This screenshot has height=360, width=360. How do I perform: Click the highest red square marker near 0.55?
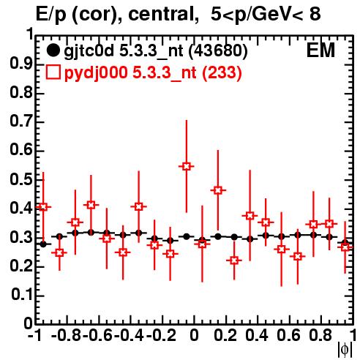[x=186, y=167]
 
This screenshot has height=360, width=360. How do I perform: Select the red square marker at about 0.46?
[x=218, y=190]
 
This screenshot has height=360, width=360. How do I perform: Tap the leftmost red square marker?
[x=43, y=207]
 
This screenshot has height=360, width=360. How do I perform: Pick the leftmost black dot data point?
[x=43, y=244]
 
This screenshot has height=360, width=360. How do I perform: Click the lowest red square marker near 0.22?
[x=234, y=260]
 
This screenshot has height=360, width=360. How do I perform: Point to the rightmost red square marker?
[x=345, y=247]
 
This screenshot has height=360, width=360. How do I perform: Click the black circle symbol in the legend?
[x=53, y=50]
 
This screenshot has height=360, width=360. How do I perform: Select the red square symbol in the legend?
[x=53, y=72]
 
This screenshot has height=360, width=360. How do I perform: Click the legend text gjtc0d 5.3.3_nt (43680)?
[x=156, y=51]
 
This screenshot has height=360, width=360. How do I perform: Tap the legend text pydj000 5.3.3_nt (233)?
[x=153, y=73]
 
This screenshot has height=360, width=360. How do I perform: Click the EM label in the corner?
[x=320, y=50]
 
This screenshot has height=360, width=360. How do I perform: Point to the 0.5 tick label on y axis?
[x=21, y=179]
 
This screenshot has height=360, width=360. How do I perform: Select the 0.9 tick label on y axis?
[x=21, y=64]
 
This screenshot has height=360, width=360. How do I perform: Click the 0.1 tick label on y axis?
[x=22, y=295]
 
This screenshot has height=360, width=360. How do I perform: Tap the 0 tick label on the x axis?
[x=194, y=335]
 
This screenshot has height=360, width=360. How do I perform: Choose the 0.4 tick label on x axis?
[x=257, y=335]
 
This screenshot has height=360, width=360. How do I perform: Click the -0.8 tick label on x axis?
[x=67, y=335]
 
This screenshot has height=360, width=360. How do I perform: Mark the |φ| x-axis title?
[x=345, y=350]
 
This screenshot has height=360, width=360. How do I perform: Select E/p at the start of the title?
[x=51, y=15]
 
